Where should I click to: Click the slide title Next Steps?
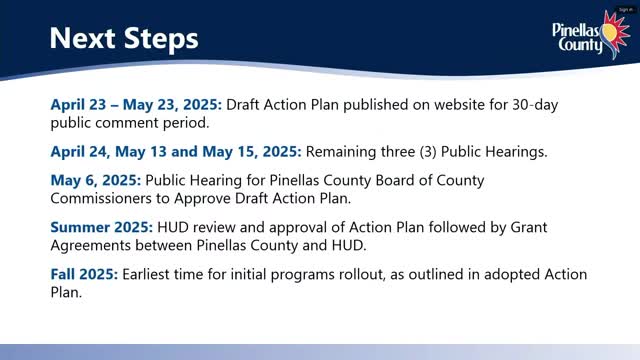point(124,39)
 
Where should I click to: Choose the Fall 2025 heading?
point(84,274)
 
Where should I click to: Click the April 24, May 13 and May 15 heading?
point(175,152)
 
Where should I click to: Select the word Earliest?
point(152,274)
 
